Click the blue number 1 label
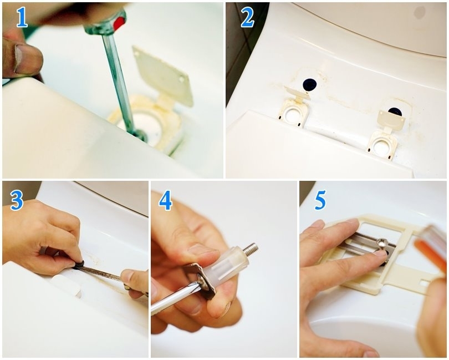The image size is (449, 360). pos(22,17)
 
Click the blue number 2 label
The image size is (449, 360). pos(247,17)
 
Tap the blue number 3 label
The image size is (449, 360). pos(17,200)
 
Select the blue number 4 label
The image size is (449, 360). pos(166,200)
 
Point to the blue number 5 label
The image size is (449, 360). pos(320,200)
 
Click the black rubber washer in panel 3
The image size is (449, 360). pos(79,264)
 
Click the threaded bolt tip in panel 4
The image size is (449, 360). pos(252,247)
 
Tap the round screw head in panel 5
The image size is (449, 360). pos(382,242)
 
